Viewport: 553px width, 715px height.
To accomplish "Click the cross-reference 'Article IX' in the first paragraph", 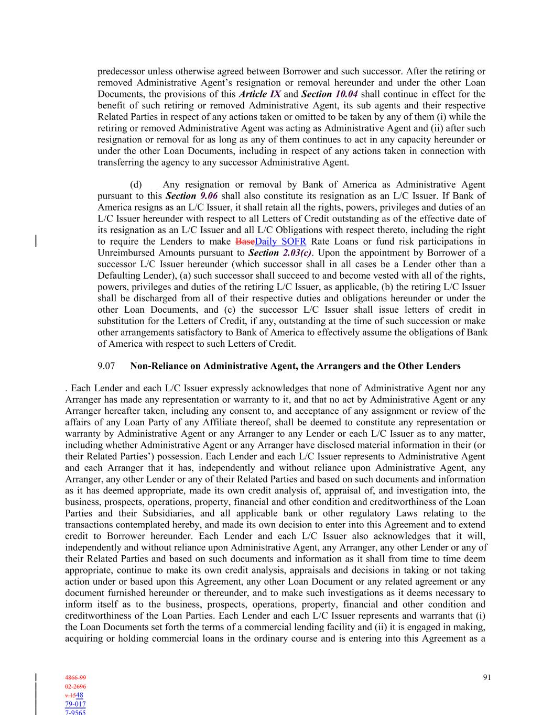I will pos(259,94).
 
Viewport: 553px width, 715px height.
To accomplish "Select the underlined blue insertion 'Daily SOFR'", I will pos(280,241).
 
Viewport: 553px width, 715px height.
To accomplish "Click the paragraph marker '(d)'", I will pos(136,184).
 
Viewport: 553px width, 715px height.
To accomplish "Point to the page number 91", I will pos(487,677).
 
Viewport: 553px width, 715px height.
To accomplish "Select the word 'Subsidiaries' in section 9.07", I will pos(168,513).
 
